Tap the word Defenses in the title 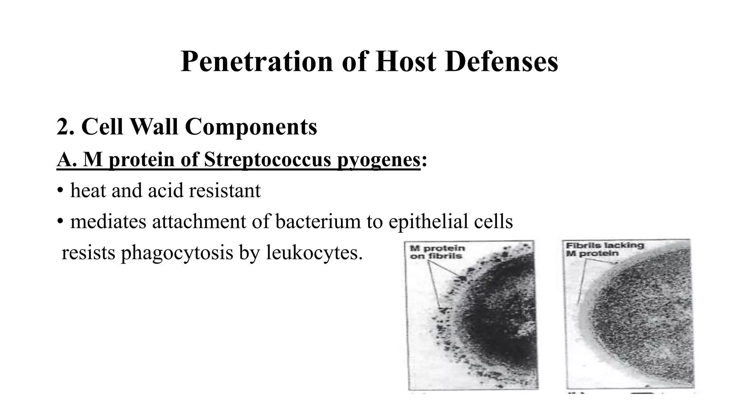502,61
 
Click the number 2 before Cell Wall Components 62,127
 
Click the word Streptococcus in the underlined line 267,159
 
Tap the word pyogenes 379,160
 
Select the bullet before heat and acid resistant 60,191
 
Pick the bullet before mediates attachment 60,222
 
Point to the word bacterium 318,221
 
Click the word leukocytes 314,252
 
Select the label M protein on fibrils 437,252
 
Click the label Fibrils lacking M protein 604,249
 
